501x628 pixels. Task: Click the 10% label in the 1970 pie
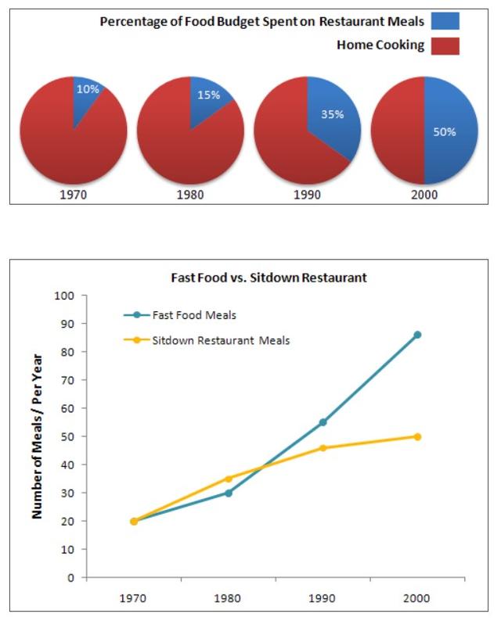pos(88,89)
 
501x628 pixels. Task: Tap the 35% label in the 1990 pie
pos(333,113)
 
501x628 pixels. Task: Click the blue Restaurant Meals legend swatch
pos(445,21)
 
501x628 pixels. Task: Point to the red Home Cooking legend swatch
pos(445,45)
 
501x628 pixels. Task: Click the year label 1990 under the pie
pos(307,195)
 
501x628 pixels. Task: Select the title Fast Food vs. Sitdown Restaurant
pos(269,278)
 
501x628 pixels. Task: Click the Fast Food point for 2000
pos(417,335)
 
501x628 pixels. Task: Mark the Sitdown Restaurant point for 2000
pos(417,436)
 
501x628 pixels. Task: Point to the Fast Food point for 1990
pos(323,422)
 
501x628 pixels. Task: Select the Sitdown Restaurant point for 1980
pos(229,479)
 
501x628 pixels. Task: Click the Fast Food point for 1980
pos(229,493)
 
